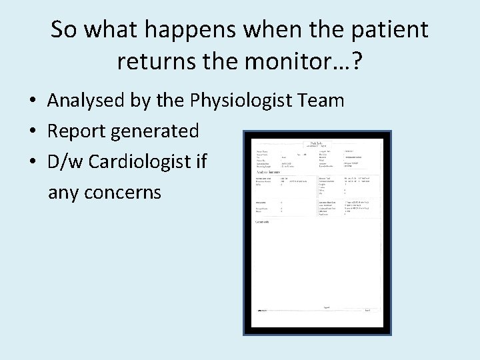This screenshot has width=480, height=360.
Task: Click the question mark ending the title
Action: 357,61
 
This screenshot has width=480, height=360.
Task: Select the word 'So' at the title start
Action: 63,30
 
